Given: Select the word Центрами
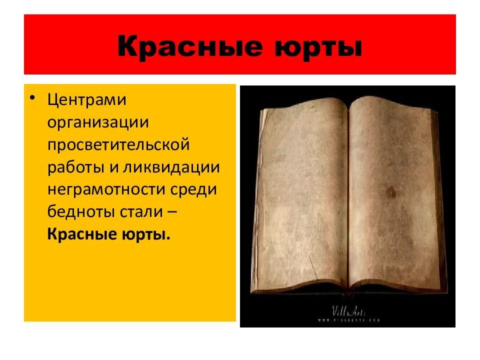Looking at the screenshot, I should [x=87, y=99].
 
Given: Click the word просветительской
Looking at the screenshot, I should [x=119, y=144].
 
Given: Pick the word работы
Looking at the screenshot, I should [x=74, y=167].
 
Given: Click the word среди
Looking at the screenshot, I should [x=197, y=189].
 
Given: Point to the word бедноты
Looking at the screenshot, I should [x=82, y=212].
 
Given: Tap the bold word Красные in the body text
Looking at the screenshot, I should [x=82, y=234].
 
